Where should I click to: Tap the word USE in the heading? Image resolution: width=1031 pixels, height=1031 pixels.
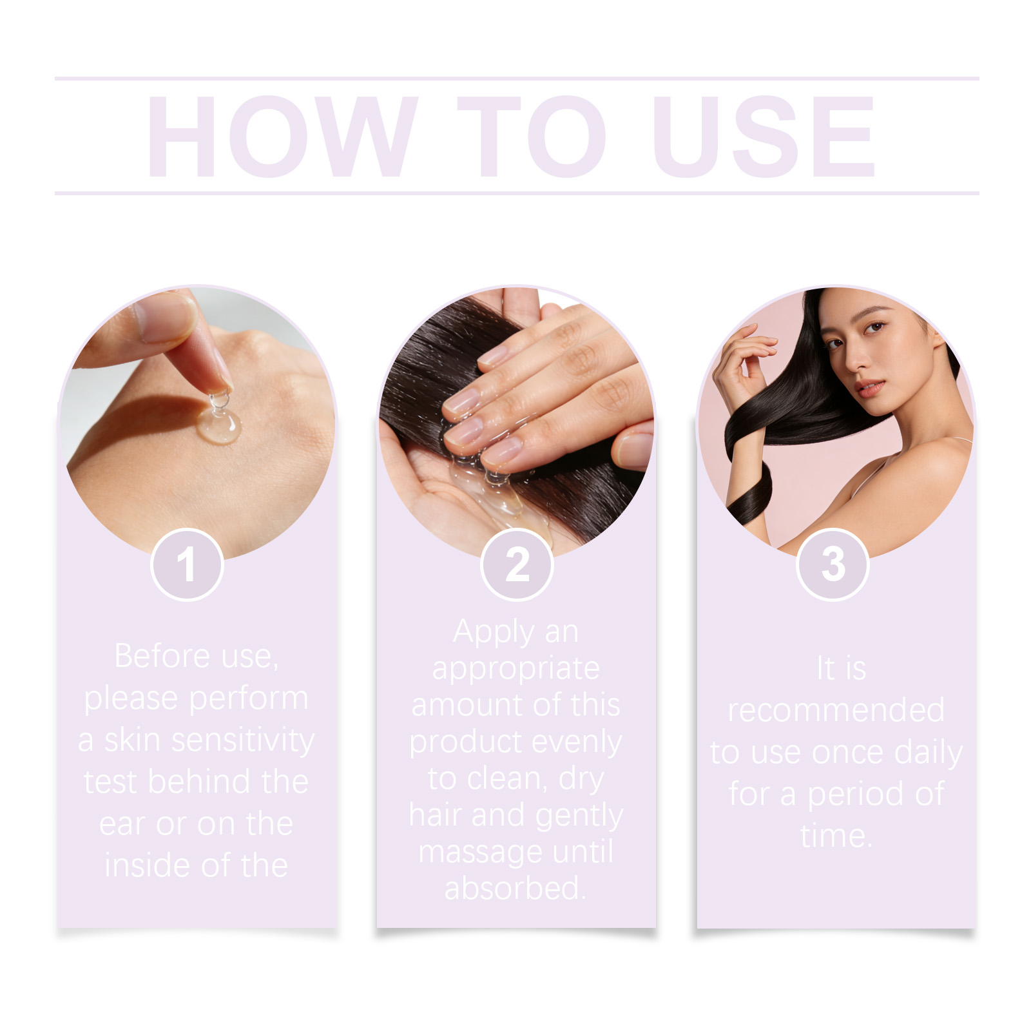tap(764, 136)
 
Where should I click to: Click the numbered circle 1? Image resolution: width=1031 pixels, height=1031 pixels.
tap(187, 564)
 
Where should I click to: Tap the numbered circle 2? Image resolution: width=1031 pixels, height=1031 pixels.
tap(517, 564)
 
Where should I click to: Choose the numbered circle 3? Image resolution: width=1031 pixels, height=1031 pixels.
tap(833, 564)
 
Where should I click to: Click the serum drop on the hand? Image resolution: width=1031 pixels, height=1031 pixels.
tap(219, 422)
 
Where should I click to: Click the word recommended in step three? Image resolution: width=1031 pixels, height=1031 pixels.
tap(836, 710)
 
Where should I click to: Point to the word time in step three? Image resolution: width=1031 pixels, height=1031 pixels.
tap(836, 836)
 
